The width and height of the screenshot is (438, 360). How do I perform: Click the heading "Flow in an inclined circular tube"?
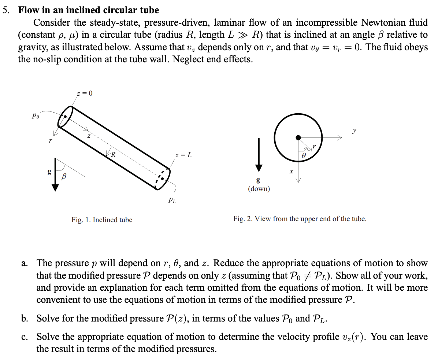click(x=89, y=10)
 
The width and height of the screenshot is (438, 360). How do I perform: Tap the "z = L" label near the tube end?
click(x=183, y=155)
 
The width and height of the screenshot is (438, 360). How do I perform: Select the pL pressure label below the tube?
click(x=171, y=200)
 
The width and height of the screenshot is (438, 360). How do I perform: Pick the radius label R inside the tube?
click(x=114, y=154)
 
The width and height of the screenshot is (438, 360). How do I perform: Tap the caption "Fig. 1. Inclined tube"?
click(x=102, y=220)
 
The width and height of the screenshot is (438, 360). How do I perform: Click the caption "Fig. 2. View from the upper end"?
click(x=300, y=219)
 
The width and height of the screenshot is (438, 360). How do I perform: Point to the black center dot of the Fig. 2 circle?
click(x=298, y=137)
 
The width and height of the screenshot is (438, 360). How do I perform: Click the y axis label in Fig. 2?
click(x=354, y=130)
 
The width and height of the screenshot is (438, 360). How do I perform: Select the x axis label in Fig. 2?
click(x=291, y=171)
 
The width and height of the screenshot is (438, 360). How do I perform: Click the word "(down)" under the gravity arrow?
click(x=259, y=189)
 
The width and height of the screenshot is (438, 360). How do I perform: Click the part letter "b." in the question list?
click(x=25, y=318)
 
